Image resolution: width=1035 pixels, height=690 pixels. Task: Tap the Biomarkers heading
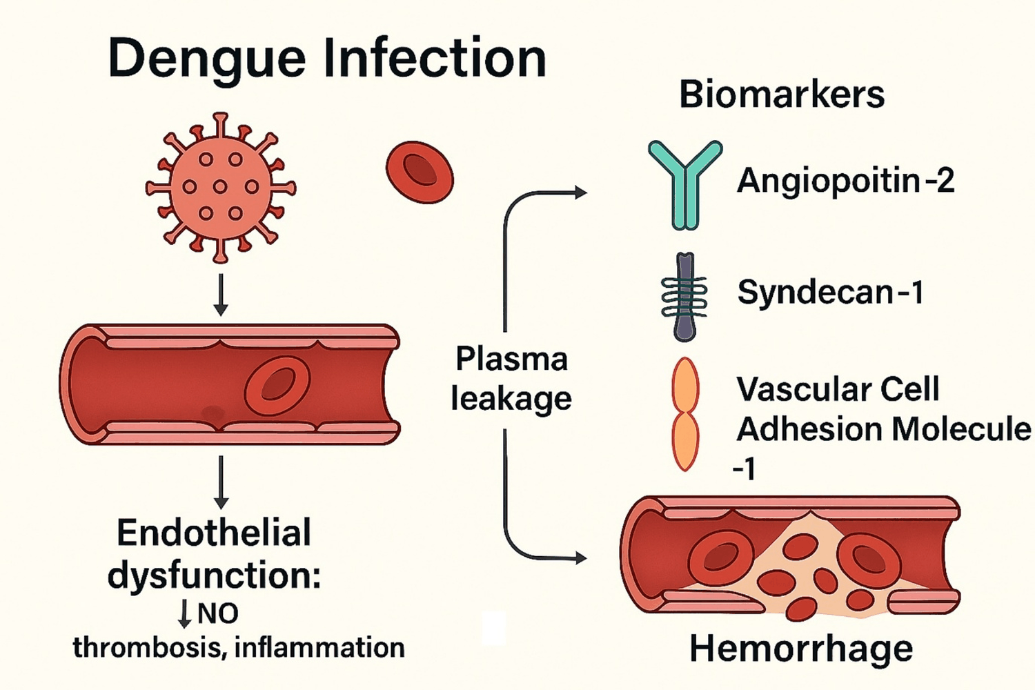click(782, 95)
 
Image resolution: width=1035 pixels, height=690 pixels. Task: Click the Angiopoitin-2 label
click(845, 181)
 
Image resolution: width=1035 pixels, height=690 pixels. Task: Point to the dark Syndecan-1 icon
click(684, 297)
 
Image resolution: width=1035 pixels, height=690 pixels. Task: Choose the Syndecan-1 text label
click(830, 292)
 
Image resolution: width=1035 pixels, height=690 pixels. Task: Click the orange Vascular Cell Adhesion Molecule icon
click(685, 414)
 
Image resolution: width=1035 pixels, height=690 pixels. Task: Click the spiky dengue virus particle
click(221, 187)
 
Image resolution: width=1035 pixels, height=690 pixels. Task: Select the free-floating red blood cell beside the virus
click(420, 172)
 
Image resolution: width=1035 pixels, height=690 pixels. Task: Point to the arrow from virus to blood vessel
click(221, 295)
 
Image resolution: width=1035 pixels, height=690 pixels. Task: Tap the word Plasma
click(511, 359)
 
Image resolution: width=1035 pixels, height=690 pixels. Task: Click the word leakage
click(511, 398)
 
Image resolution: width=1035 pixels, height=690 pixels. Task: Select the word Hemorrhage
click(801, 649)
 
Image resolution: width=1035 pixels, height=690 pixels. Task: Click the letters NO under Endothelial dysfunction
click(217, 613)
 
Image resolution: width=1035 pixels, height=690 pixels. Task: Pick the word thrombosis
click(148, 648)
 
